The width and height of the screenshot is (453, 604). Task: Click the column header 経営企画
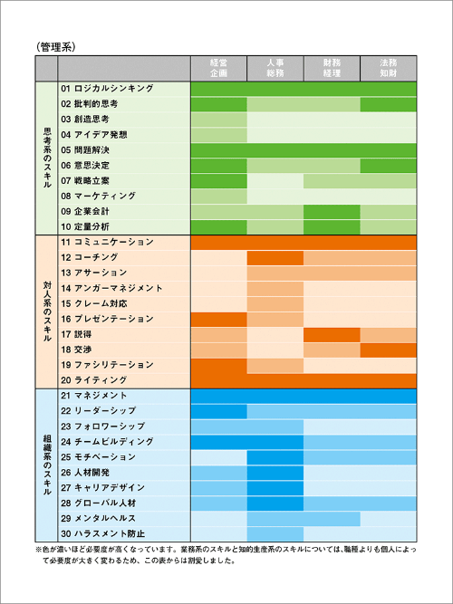point(218,68)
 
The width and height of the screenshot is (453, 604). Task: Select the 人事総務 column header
point(275,68)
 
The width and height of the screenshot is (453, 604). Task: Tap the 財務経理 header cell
point(332,68)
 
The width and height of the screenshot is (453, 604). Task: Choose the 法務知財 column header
point(389,68)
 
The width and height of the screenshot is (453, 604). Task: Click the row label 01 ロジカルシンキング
point(107,89)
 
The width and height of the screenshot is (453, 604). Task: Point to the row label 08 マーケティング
point(99,197)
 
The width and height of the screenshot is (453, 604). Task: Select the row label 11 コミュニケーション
point(107,242)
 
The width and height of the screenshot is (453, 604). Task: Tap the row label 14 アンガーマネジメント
point(111,288)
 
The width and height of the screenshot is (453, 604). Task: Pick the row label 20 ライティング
point(93,380)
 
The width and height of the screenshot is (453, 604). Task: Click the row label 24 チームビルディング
point(107,441)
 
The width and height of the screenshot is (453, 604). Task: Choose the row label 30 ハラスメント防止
point(103,534)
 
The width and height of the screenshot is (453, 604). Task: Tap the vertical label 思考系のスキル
point(46,158)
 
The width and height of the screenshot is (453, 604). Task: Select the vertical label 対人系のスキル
point(46,312)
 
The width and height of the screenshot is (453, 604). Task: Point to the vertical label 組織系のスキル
point(46,465)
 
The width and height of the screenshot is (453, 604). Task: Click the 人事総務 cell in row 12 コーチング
point(275,258)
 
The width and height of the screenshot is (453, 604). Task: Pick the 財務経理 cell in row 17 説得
point(332,334)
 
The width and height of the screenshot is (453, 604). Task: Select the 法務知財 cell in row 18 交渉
point(389,350)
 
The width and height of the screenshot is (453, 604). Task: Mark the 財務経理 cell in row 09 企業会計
point(332,212)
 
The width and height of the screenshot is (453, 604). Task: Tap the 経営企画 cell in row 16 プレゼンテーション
point(218,320)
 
